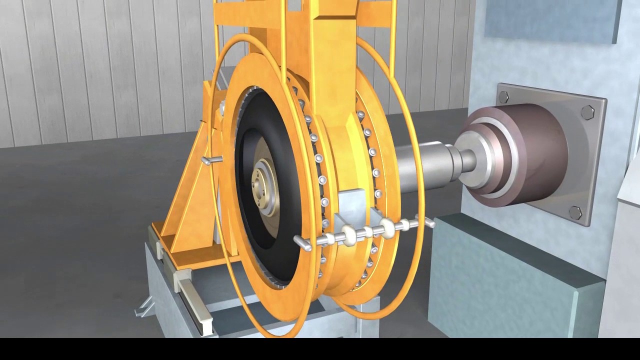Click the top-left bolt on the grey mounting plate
503,97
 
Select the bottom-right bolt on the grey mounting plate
575,212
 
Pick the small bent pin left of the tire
212,160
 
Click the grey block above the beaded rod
353,205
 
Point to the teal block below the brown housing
500,280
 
